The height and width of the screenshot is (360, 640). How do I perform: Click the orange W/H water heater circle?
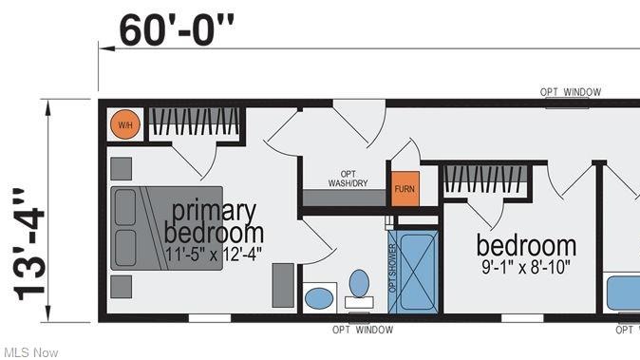point(125,124)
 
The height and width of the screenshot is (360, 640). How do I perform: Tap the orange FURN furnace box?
point(405,189)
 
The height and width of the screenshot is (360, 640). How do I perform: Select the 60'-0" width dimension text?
point(177,30)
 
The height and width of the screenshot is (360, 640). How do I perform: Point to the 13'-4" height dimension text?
point(29,245)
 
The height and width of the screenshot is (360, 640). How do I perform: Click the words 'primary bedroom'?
point(214,221)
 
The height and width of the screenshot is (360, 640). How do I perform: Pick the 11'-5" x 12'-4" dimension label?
point(214,255)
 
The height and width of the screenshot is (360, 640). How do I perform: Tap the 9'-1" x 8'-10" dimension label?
point(526,267)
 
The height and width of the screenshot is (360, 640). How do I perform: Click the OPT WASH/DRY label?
point(348,179)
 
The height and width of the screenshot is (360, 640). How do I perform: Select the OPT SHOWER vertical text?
point(393,268)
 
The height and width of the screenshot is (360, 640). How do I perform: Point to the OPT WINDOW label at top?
point(571,92)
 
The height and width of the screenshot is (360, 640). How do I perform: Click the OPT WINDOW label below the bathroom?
point(363,330)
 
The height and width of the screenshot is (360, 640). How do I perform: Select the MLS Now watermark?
point(31,352)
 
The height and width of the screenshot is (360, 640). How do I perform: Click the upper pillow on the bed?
point(125,207)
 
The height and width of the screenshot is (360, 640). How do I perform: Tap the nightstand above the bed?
point(122,168)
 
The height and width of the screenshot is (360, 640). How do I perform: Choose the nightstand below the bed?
point(122,287)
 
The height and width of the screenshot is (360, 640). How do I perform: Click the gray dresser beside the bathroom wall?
point(283,285)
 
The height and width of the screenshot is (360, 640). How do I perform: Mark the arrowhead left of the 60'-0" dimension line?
point(107,48)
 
